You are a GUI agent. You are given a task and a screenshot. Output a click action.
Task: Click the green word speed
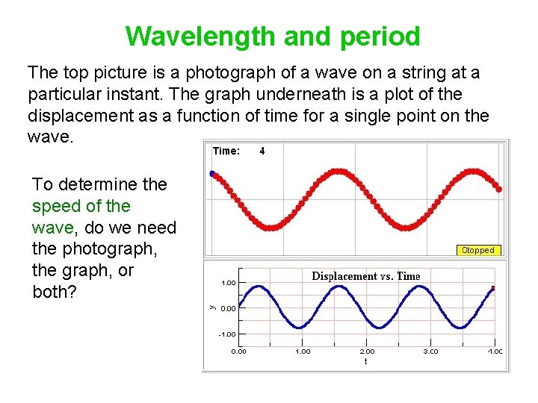point(55,206)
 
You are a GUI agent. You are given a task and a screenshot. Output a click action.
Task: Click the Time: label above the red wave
point(226,151)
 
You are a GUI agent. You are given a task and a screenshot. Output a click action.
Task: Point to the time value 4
point(262,151)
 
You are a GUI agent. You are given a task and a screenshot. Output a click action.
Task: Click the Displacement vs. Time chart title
point(365,276)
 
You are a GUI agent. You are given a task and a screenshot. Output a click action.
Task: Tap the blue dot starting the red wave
point(211,173)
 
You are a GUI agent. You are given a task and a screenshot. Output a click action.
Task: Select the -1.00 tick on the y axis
point(228,334)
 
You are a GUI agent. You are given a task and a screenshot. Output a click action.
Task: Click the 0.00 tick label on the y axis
point(229,308)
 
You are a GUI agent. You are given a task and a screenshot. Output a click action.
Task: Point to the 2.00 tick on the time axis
point(367,351)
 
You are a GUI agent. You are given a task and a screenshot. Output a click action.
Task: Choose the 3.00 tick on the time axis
point(431,351)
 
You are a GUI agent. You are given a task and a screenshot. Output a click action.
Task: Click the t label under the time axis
point(365,361)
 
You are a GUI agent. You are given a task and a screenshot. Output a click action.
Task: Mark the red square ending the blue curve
point(493,288)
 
